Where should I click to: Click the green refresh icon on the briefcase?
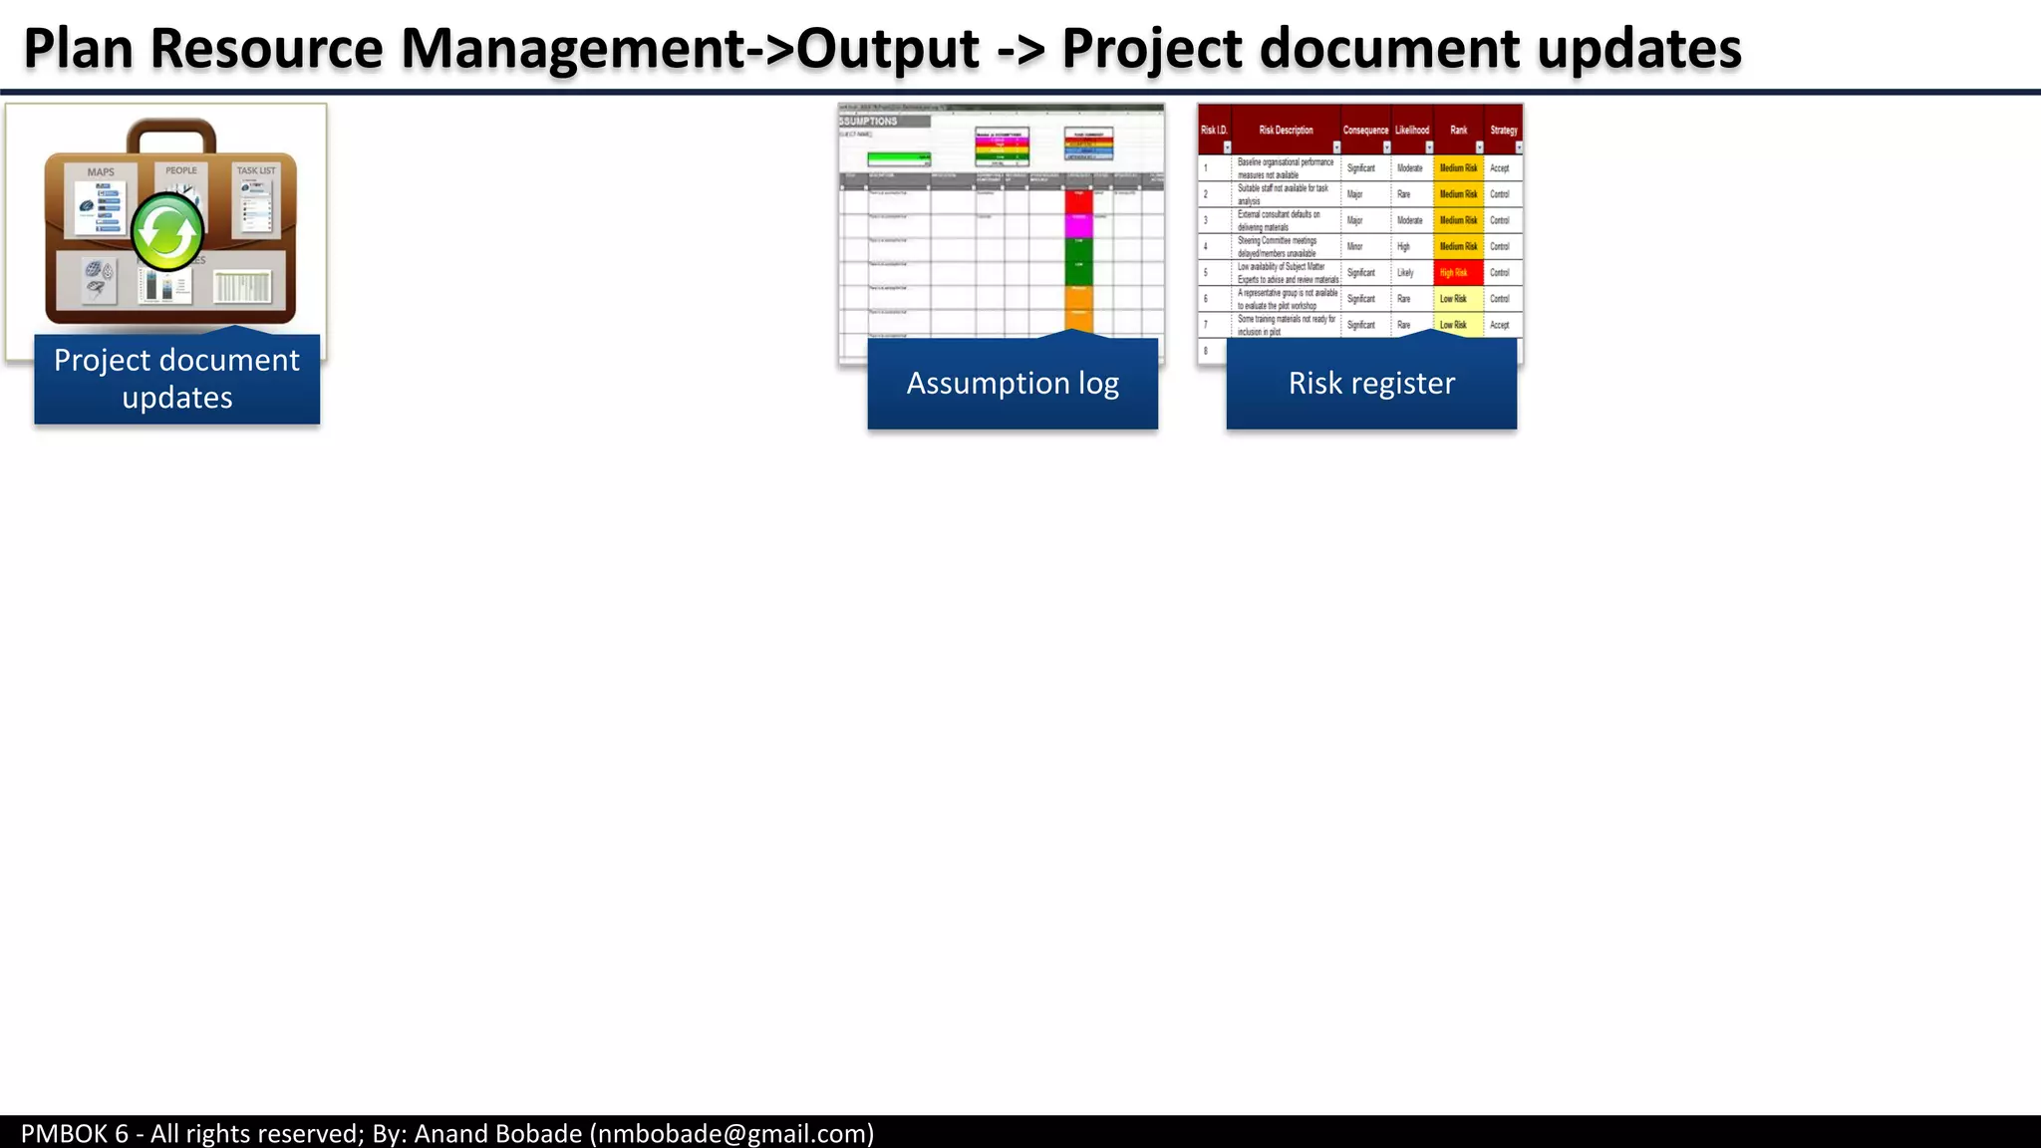(x=167, y=233)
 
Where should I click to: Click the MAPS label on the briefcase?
(x=101, y=172)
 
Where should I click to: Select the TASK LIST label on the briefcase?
(x=256, y=170)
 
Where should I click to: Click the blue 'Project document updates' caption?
(x=176, y=379)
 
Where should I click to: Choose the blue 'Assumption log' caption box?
(x=1013, y=384)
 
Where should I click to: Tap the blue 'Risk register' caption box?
(x=1371, y=384)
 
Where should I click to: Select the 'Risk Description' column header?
(x=1286, y=131)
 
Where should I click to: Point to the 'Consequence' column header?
(x=1365, y=131)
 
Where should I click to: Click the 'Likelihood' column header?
(x=1412, y=131)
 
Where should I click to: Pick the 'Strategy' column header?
(x=1504, y=131)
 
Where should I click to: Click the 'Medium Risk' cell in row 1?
(x=1458, y=168)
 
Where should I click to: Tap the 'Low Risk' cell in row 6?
(x=1453, y=299)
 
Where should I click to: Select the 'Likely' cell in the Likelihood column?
(x=1405, y=273)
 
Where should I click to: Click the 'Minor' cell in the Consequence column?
(x=1355, y=246)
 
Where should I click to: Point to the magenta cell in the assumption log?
(x=1079, y=225)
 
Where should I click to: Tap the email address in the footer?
(x=731, y=1134)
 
